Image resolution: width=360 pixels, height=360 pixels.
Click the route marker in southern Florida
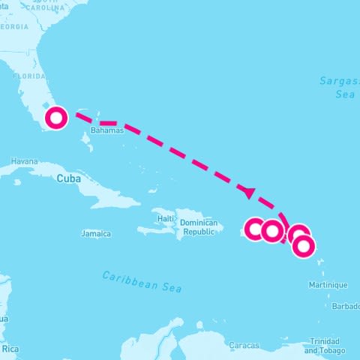pos(56,118)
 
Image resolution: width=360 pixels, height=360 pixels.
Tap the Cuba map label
pos(68,178)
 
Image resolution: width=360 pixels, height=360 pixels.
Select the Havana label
pos(24,161)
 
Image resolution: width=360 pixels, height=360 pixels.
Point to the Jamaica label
pos(96,234)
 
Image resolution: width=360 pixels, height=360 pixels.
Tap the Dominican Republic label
pos(199,227)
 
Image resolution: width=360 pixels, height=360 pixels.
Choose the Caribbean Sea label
pos(142,281)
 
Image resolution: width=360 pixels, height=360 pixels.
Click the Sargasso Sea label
pos(335,87)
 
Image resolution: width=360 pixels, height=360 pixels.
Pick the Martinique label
pos(328,285)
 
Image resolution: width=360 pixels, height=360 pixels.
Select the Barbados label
pos(346,306)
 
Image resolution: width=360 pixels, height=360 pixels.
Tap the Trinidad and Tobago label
pos(325,346)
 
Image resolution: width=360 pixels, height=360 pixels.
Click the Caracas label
pos(244,346)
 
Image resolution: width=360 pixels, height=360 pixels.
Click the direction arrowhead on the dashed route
pos(248,192)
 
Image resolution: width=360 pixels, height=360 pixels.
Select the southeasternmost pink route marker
pos(303,246)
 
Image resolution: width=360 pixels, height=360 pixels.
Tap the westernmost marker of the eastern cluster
pos(256,229)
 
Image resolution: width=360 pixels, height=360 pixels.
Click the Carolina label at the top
pos(47,9)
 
